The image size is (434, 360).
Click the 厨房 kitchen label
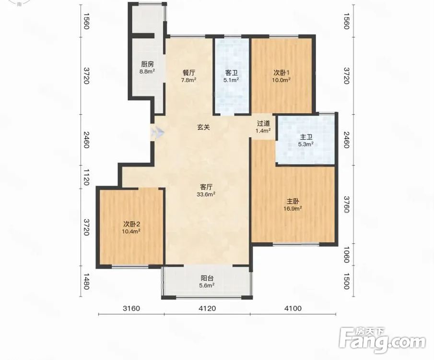tap(147, 65)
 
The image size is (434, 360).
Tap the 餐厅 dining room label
tap(189, 73)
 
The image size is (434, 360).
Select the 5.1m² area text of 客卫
tap(231, 80)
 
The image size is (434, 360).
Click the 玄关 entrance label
tap(203, 127)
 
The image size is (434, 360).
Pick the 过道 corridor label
tap(263, 123)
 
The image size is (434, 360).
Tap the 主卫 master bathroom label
tap(306, 137)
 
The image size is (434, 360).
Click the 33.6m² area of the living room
tap(206, 194)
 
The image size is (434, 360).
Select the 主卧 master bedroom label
tap(293, 201)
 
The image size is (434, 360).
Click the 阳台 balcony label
tap(207, 278)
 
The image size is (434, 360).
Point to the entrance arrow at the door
tap(158, 132)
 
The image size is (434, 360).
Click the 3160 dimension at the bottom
tap(131, 308)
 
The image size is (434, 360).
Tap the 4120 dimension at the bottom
tap(207, 308)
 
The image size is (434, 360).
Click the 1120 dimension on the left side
tap(86, 178)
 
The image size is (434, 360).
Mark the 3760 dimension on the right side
tap(347, 204)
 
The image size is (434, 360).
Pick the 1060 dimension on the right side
tap(347, 255)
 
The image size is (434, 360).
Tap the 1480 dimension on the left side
tap(86, 282)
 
